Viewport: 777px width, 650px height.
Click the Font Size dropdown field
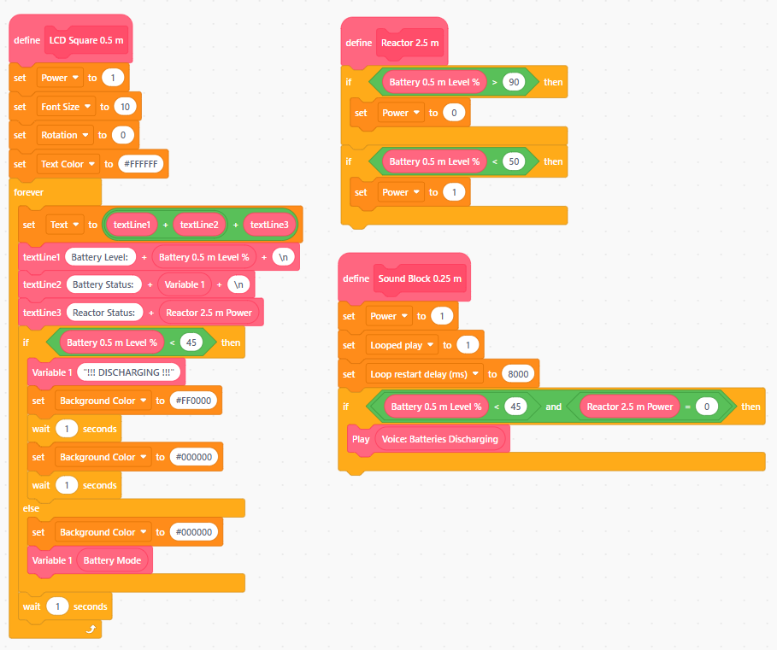tap(66, 107)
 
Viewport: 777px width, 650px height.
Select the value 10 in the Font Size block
tap(125, 107)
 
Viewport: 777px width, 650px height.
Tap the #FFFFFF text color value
tap(141, 164)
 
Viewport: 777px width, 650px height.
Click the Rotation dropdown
tap(65, 135)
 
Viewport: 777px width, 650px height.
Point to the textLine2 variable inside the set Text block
tap(199, 225)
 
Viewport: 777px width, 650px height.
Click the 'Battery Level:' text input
tap(100, 257)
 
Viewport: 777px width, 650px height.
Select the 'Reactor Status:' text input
tap(104, 313)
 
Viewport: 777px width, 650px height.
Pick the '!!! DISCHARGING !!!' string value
tap(129, 372)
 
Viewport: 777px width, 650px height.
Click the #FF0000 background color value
tap(193, 401)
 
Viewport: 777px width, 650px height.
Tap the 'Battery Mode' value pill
tap(112, 560)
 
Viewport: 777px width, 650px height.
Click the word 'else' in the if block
tap(31, 508)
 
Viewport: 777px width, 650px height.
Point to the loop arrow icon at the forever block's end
tap(91, 629)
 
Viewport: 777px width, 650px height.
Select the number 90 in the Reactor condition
tap(514, 82)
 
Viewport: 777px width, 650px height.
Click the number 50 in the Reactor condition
tap(514, 161)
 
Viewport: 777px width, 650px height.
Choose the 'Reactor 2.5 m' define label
tap(409, 43)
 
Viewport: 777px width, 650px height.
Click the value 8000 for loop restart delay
tap(518, 374)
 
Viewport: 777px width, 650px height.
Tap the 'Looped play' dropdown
tap(402, 345)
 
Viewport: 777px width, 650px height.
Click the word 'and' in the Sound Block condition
tap(554, 407)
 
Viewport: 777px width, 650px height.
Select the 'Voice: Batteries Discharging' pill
tap(440, 439)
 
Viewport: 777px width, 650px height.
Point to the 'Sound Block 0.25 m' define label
tap(420, 278)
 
